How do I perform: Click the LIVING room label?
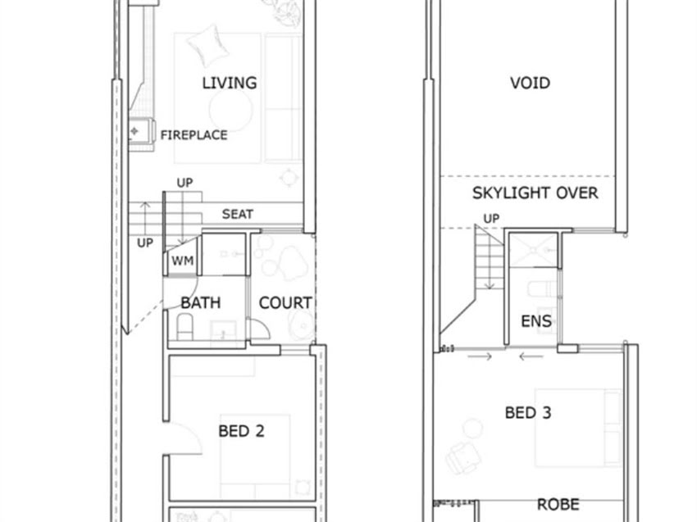(230, 83)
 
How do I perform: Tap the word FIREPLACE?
(194, 135)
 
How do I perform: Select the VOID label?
(530, 83)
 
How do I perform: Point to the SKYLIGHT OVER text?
(535, 193)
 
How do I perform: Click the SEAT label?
(237, 214)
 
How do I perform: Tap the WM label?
(183, 261)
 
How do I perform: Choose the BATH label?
(200, 303)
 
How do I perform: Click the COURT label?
(285, 303)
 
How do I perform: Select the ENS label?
(536, 320)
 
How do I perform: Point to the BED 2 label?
(241, 431)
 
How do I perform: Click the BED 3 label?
(528, 413)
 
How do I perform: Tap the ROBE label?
(558, 504)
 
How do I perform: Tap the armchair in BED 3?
(462, 457)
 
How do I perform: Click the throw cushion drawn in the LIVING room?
(208, 44)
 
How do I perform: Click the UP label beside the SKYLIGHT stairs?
(491, 219)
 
